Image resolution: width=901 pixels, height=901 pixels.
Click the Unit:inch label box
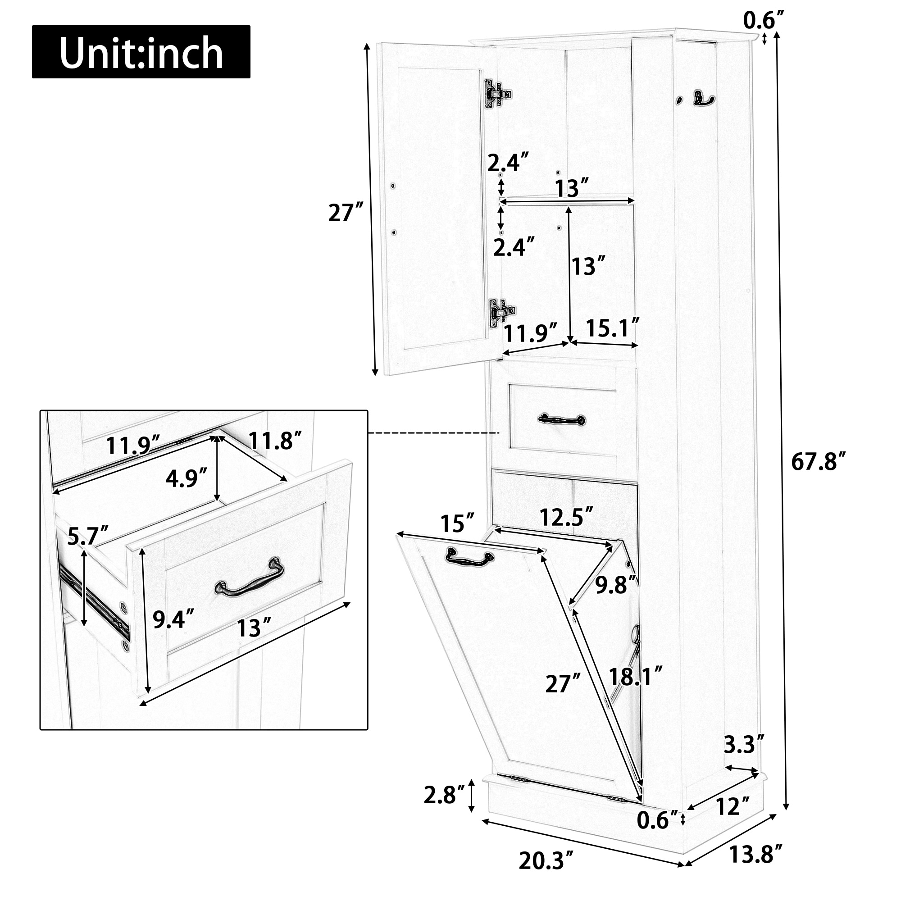(141, 52)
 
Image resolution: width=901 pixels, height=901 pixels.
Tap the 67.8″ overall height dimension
(818, 462)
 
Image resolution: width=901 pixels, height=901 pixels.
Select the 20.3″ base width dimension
(545, 860)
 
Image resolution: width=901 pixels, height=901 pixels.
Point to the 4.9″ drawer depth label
(186, 478)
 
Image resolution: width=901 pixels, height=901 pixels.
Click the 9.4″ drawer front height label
(173, 619)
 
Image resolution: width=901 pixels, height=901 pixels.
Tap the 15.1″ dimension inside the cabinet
(612, 328)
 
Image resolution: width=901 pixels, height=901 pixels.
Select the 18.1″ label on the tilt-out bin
(635, 677)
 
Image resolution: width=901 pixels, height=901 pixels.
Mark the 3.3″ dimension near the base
(744, 745)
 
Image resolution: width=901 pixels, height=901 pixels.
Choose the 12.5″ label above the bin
(566, 517)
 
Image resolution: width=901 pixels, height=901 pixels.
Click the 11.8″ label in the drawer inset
(275, 441)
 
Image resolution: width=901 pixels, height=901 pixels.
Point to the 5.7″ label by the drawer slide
(88, 536)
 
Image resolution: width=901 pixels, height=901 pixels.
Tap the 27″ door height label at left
(346, 213)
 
